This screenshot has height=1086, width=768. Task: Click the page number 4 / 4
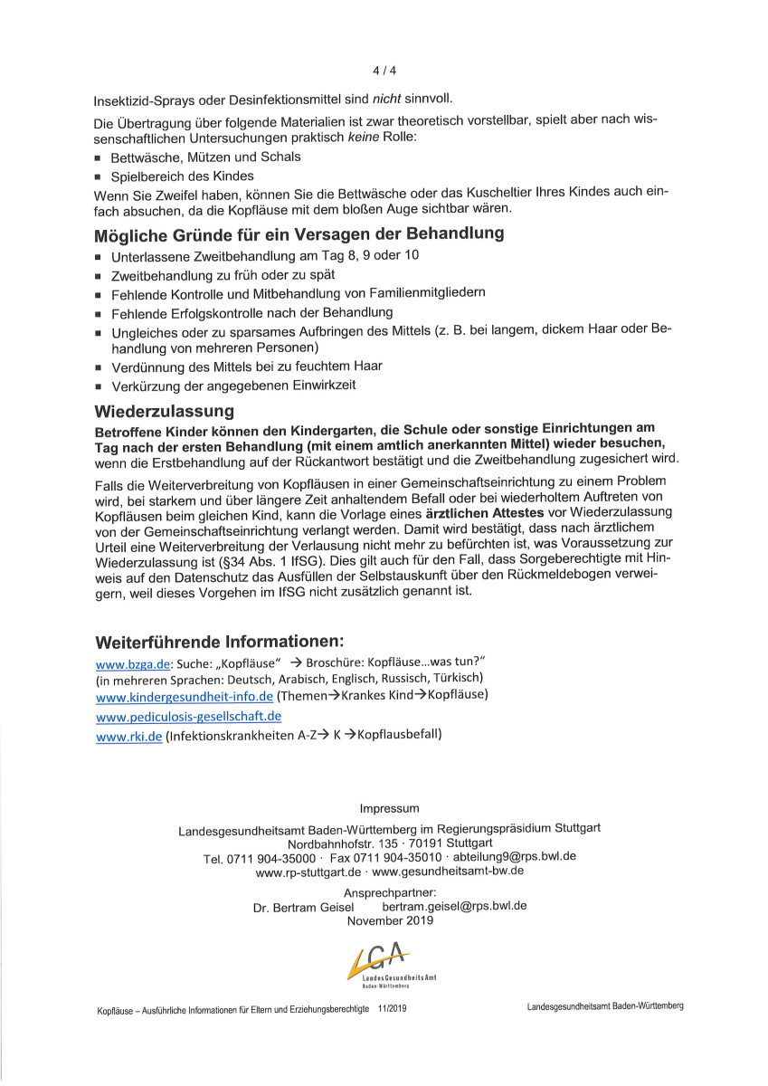pyautogui.click(x=384, y=70)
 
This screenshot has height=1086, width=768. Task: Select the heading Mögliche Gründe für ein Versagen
pyautogui.click(x=299, y=234)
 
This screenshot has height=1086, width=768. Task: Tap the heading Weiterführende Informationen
pyautogui.click(x=219, y=643)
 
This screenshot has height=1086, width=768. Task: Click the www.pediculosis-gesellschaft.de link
pyautogui.click(x=188, y=717)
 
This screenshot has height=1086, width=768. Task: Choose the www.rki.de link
pyautogui.click(x=129, y=737)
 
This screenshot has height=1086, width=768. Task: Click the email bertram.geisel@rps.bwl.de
pyautogui.click(x=454, y=906)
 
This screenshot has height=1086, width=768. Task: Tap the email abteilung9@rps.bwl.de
pyautogui.click(x=514, y=856)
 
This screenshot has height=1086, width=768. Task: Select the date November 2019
pyautogui.click(x=390, y=920)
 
